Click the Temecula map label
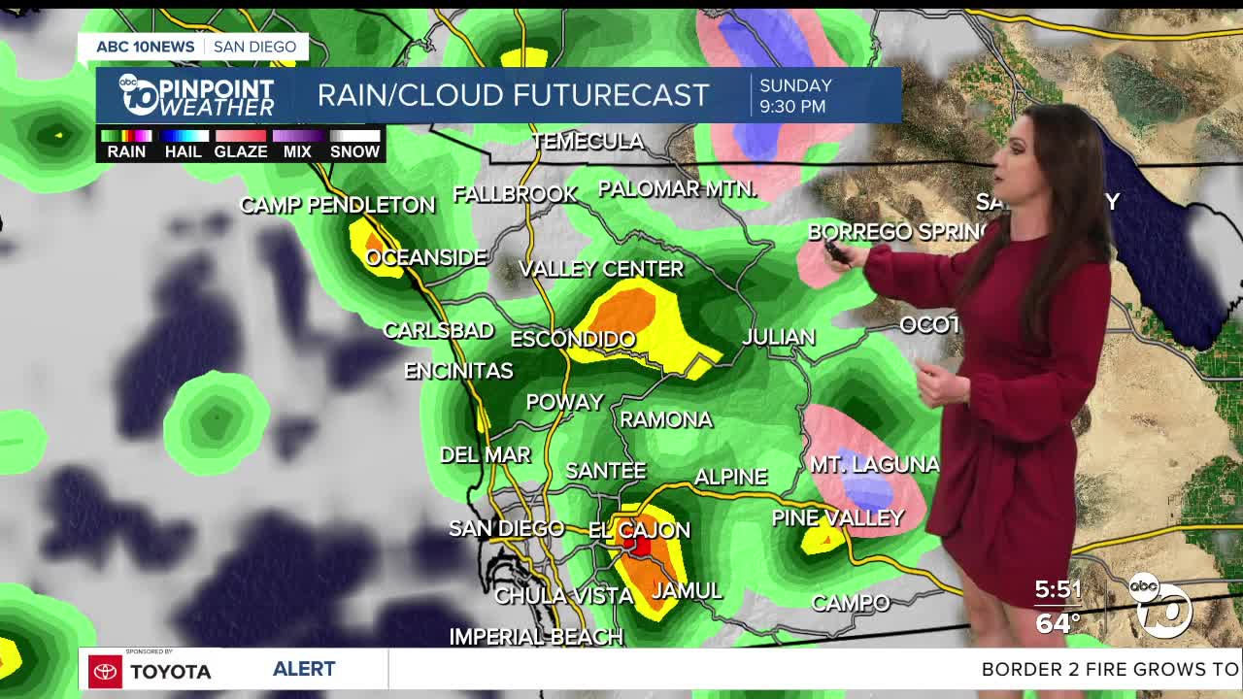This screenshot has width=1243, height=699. pyautogui.click(x=588, y=142)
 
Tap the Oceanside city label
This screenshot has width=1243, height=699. pyautogui.click(x=426, y=257)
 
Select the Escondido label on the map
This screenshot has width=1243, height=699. pyautogui.click(x=573, y=339)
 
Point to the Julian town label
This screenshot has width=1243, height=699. pyautogui.click(x=778, y=337)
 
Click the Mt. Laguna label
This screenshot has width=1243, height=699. pyautogui.click(x=874, y=465)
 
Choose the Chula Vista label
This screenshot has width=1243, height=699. pyautogui.click(x=563, y=595)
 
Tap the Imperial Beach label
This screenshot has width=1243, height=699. pyautogui.click(x=535, y=637)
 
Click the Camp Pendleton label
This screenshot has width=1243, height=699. pyautogui.click(x=337, y=205)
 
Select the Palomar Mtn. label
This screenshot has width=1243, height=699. pyautogui.click(x=677, y=189)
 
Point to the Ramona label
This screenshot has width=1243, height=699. pyautogui.click(x=666, y=419)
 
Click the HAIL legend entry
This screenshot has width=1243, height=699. pyautogui.click(x=183, y=151)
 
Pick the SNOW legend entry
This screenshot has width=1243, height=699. pyautogui.click(x=354, y=151)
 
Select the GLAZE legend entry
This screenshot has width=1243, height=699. pyautogui.click(x=240, y=151)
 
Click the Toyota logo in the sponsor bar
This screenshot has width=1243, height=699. pyautogui.click(x=106, y=671)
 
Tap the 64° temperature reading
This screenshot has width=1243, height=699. pyautogui.click(x=1058, y=622)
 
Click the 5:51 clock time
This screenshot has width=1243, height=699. pyautogui.click(x=1058, y=589)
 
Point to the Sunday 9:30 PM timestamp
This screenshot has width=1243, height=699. pyautogui.click(x=794, y=96)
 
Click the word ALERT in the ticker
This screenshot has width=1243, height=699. pyautogui.click(x=304, y=669)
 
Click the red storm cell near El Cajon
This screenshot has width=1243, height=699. pyautogui.click(x=637, y=546)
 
